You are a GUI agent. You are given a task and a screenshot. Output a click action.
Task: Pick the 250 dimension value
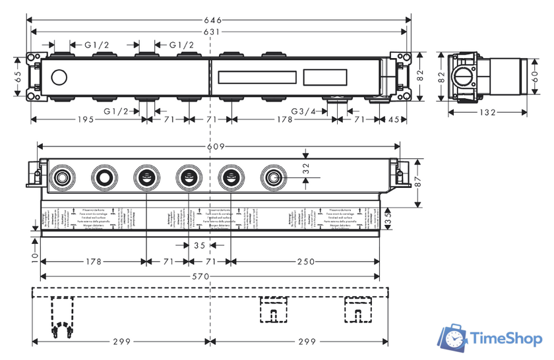[306, 262]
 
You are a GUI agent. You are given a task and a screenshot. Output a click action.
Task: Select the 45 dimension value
[394, 120]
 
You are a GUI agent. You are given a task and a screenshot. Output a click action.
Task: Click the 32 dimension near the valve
[305, 168]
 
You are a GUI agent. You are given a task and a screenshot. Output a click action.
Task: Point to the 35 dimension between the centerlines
[200, 246]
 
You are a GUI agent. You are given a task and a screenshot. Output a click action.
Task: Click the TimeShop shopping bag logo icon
[456, 339]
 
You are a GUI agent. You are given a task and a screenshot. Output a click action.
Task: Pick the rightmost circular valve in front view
[272, 177]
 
